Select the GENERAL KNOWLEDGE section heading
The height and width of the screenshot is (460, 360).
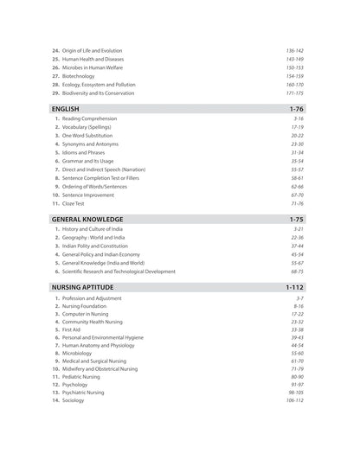click(x=87, y=220)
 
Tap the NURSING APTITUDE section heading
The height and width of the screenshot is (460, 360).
click(x=83, y=285)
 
